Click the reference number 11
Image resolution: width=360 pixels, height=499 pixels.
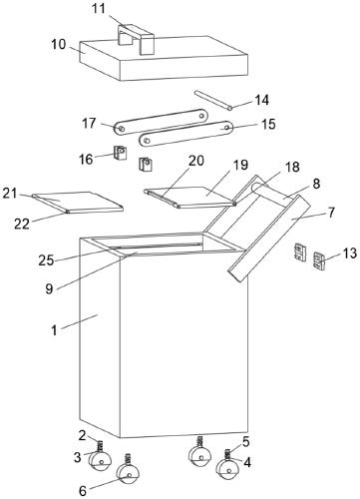pos(99,9)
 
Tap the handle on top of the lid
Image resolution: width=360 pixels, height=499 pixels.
pos(136,39)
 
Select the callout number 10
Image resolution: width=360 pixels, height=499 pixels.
pos(59,44)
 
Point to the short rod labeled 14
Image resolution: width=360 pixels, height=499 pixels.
pos(213,100)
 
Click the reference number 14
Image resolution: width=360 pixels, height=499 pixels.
pos(262,100)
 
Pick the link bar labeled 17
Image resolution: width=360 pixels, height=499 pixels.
pos(161,122)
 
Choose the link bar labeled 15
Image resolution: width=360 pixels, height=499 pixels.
pos(186,134)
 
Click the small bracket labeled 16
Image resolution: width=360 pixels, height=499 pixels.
pos(121,153)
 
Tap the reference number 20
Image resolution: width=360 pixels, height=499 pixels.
pos(196,161)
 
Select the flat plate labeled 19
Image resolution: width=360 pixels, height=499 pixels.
pos(191,197)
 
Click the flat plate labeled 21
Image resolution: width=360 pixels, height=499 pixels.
pos(79,202)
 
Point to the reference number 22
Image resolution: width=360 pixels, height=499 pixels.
pos(22,224)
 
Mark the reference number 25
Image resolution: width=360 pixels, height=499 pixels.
pos(46,260)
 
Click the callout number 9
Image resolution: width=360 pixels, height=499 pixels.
pos(49,288)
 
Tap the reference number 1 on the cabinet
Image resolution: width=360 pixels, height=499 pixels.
pos(54,330)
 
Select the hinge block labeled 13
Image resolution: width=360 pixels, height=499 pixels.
pos(320,260)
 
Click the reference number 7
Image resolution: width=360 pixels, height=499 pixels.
pos(331,213)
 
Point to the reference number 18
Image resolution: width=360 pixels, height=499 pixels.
pos(292,167)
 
